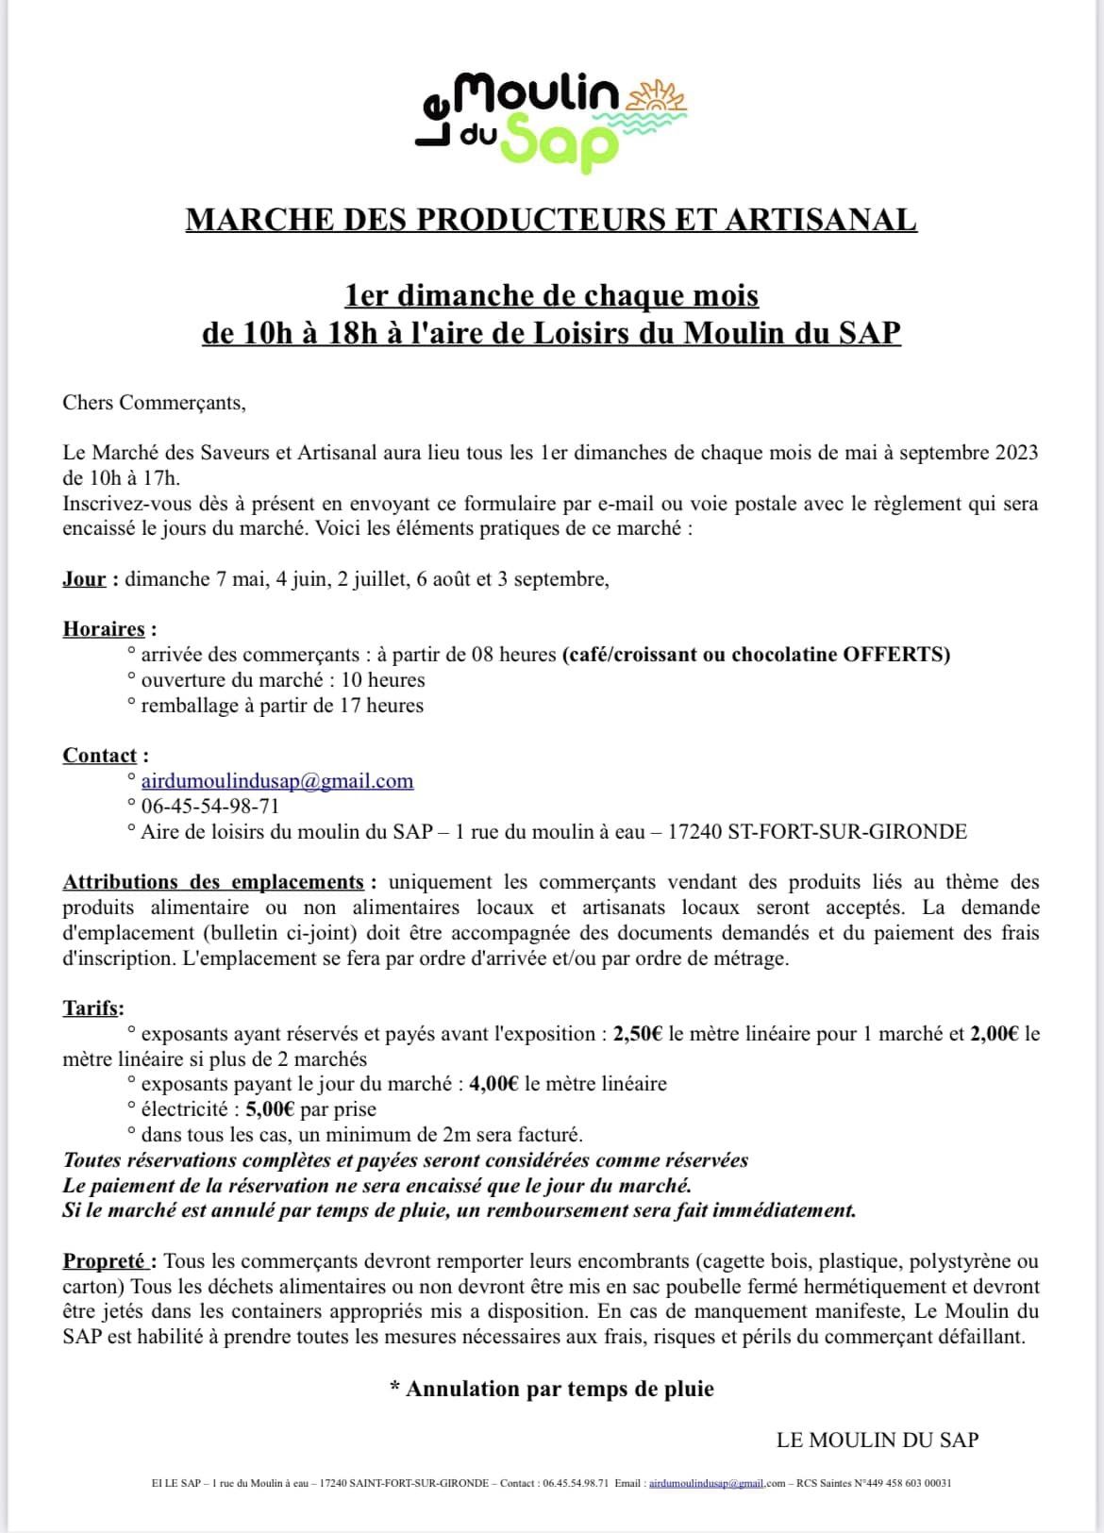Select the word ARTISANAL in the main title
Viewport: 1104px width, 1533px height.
[x=820, y=220]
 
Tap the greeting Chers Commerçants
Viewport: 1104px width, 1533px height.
[x=154, y=403]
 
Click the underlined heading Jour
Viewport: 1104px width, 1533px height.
[x=84, y=579]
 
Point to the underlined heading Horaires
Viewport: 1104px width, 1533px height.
[x=104, y=629]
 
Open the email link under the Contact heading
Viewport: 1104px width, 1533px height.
[x=276, y=781]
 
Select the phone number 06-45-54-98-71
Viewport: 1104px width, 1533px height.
[x=209, y=807]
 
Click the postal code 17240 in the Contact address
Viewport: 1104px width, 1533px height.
[x=695, y=832]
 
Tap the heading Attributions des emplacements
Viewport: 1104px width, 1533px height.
[x=213, y=882]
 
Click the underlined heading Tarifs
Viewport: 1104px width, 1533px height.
[x=92, y=1008]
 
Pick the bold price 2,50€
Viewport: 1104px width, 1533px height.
[x=638, y=1034]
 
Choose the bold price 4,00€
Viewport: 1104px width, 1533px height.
[x=493, y=1084]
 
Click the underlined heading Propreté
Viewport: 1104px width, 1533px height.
[x=106, y=1261]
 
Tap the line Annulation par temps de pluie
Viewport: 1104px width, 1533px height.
[x=559, y=1389]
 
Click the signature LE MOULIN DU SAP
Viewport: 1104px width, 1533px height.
[x=878, y=1440]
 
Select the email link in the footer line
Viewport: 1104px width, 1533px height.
[x=706, y=1483]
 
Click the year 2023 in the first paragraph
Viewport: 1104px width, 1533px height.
[x=1016, y=453]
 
